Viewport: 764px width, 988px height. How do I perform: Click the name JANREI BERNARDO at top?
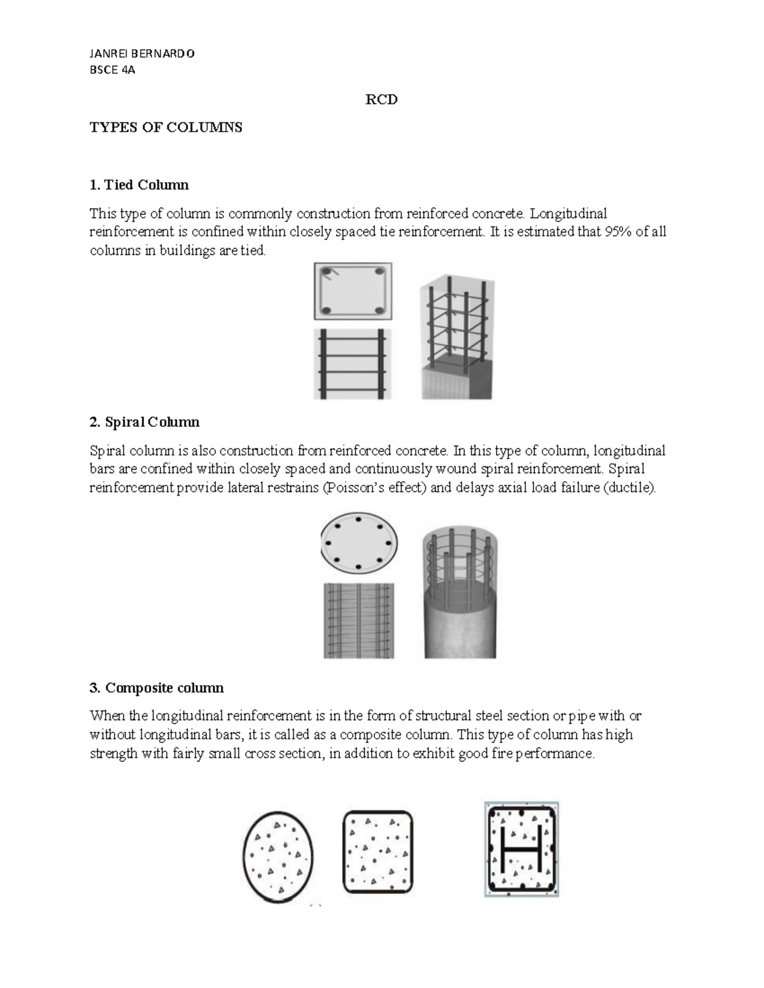pyautogui.click(x=141, y=53)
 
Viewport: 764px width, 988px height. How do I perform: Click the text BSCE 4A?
pyautogui.click(x=112, y=70)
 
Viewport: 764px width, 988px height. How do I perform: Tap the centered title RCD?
pyautogui.click(x=381, y=100)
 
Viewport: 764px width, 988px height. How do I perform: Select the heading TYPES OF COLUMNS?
pyautogui.click(x=166, y=127)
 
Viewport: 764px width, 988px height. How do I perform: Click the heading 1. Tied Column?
pyautogui.click(x=139, y=185)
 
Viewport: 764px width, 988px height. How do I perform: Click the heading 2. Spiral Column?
pyautogui.click(x=145, y=422)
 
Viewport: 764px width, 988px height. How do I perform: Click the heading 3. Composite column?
pyautogui.click(x=157, y=688)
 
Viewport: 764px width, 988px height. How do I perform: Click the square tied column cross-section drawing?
pyautogui.click(x=353, y=291)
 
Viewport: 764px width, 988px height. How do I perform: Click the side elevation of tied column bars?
pyautogui.click(x=353, y=363)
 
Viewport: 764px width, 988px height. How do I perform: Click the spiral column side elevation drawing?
pyautogui.click(x=358, y=620)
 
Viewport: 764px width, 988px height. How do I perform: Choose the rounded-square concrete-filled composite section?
pyautogui.click(x=378, y=852)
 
